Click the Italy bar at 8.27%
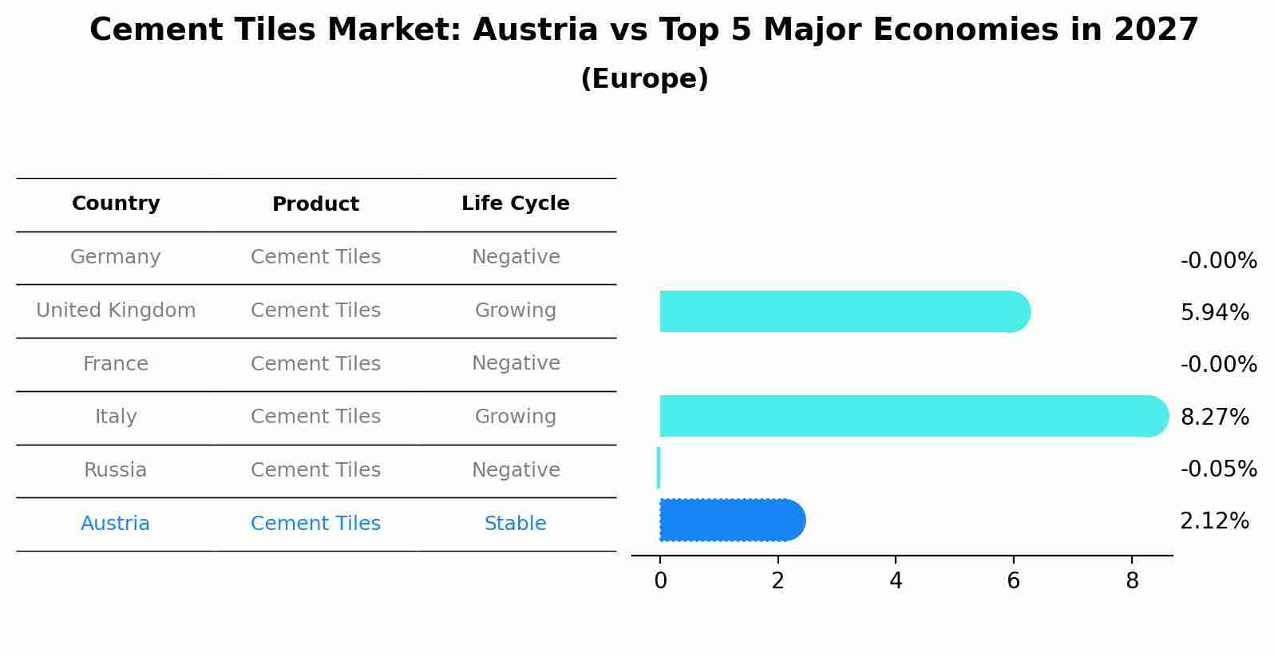click(910, 416)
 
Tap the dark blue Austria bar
click(730, 520)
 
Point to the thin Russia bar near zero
click(659, 468)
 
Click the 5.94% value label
click(1214, 313)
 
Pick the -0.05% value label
click(1218, 469)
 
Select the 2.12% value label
click(1214, 521)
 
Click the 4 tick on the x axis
click(896, 581)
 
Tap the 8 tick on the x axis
click(1132, 581)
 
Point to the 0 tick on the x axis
click(660, 581)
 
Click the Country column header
click(116, 204)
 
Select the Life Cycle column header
click(516, 204)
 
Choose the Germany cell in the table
click(116, 257)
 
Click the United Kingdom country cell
click(116, 311)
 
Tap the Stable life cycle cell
click(516, 524)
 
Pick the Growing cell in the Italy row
click(516, 417)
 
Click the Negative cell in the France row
click(516, 363)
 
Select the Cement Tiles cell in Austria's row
click(315, 524)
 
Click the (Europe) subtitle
click(644, 79)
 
